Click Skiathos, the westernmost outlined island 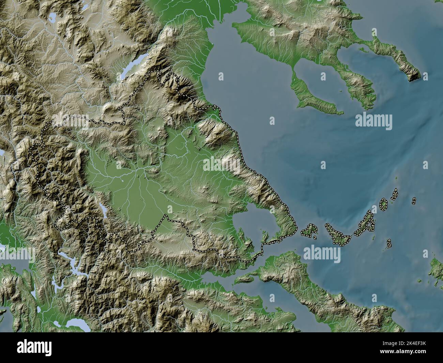pyautogui.click(x=308, y=231)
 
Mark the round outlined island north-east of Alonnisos pyautogui.click(x=384, y=205)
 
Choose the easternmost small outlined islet pyautogui.click(x=414, y=201)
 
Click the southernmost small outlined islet pyautogui.click(x=389, y=243)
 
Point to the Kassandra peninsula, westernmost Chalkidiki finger pyautogui.click(x=314, y=95)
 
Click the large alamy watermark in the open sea pyautogui.click(x=373, y=122)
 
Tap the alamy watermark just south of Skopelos pyautogui.click(x=322, y=254)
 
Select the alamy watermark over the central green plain pyautogui.click(x=221, y=165)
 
